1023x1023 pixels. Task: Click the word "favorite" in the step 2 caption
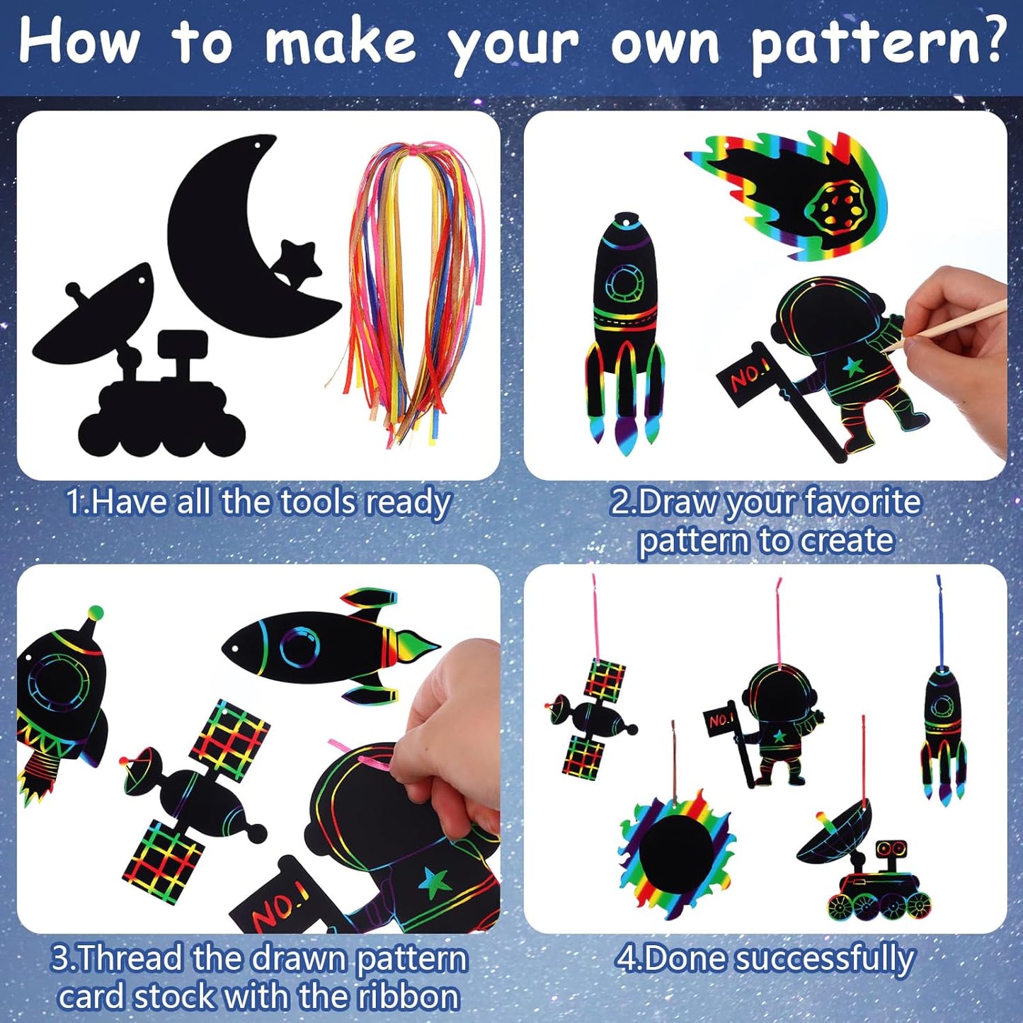[852, 502]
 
